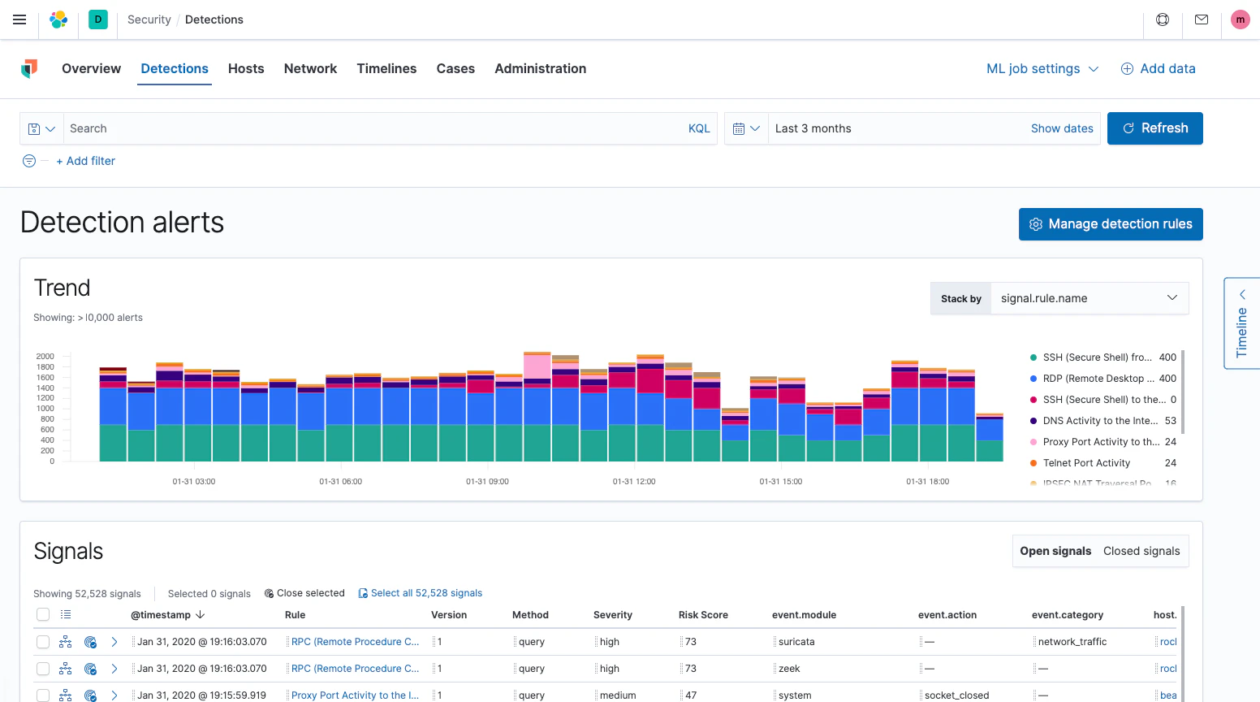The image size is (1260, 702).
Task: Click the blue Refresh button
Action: (x=1154, y=128)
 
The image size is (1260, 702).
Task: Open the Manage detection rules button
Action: (x=1110, y=224)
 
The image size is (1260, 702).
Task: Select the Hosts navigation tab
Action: (x=246, y=69)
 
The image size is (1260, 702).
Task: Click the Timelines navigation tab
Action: (x=386, y=69)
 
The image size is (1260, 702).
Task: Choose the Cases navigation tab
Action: (x=455, y=69)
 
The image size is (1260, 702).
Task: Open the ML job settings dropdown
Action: (x=1042, y=69)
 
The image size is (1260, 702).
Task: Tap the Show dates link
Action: (x=1061, y=128)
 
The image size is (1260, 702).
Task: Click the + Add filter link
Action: (x=86, y=161)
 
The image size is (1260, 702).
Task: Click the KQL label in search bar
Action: (x=698, y=128)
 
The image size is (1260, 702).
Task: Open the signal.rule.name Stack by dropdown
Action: (x=1089, y=298)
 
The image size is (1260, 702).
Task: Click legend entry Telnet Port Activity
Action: (x=1085, y=463)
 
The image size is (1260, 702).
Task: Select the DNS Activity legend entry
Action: (x=1099, y=421)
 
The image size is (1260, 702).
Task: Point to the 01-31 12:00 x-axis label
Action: (x=633, y=482)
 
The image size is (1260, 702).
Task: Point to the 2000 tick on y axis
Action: (x=45, y=357)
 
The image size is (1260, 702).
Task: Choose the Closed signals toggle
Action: (x=1141, y=551)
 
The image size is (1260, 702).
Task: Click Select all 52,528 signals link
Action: (x=425, y=593)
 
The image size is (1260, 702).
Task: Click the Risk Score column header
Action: (x=703, y=615)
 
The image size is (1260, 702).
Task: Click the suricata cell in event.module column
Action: (x=796, y=642)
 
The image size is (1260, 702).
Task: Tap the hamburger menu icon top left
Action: (x=19, y=19)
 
